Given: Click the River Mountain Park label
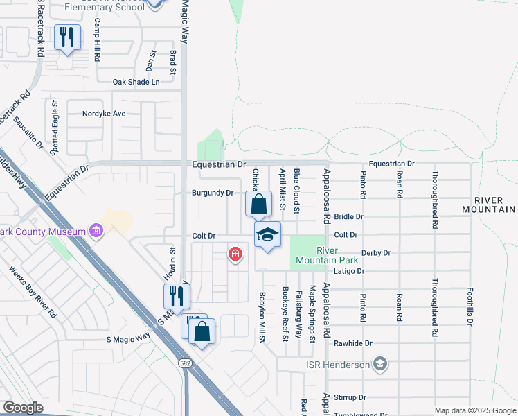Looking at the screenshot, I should pos(320,254).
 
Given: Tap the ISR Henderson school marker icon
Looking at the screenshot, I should pos(379,363).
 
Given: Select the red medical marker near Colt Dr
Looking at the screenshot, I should pos(235,254).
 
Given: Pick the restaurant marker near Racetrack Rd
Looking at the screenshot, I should pos(67,37).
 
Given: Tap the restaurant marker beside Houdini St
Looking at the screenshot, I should pos(177,296).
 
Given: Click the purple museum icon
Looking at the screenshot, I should pos(96,230).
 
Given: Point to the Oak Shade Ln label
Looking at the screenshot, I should pos(136,82).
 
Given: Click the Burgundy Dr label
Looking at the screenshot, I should pos(212,193).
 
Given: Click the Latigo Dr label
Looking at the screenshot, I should pos(350,271).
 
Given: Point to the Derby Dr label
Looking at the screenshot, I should pos(377,253).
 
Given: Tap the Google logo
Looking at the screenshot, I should pos(23,408).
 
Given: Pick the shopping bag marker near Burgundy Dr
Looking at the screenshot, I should pos(258,204).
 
